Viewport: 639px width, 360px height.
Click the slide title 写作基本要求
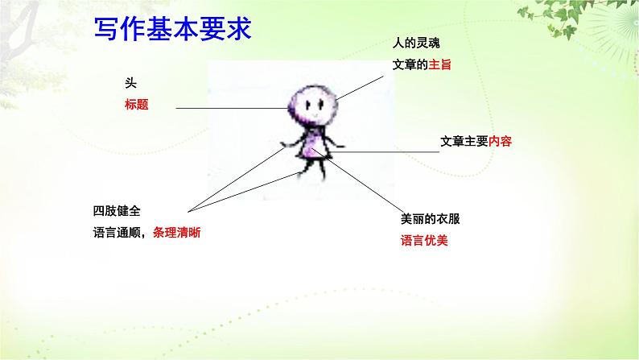(171, 30)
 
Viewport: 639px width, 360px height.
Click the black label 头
(129, 83)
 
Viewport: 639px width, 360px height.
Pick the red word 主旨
(440, 64)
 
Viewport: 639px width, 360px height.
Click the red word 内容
(500, 141)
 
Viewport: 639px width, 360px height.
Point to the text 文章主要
(464, 141)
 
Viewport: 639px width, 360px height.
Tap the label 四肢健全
(117, 211)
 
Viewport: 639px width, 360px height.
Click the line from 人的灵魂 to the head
(362, 84)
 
